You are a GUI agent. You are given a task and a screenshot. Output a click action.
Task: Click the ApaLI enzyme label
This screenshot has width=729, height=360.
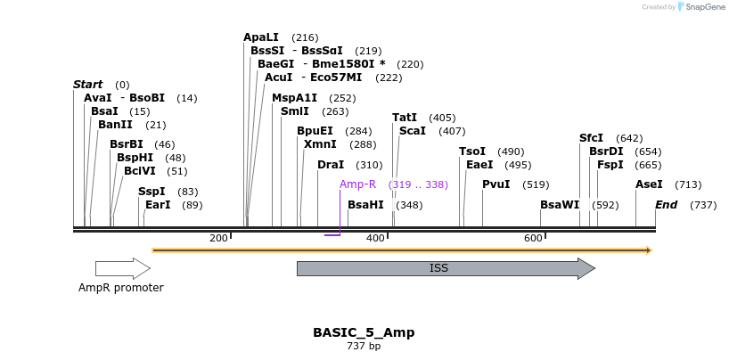[x=261, y=37]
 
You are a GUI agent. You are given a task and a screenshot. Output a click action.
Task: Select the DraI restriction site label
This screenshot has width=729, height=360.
[x=331, y=165]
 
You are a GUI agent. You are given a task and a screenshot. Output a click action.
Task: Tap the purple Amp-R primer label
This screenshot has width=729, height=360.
[x=357, y=184]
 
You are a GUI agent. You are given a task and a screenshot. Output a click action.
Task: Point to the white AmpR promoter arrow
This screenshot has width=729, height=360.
[x=123, y=268]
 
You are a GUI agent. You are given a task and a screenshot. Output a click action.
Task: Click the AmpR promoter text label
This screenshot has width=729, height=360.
[x=121, y=288]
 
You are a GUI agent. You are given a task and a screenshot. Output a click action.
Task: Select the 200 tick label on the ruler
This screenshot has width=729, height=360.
[x=218, y=238]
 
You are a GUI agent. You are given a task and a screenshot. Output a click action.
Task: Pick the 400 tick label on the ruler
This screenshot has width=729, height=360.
[x=375, y=238]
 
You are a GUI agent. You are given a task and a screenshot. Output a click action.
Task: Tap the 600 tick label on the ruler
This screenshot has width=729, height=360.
[x=533, y=238]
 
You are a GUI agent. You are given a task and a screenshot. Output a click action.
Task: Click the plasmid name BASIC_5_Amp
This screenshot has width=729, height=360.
[x=364, y=332]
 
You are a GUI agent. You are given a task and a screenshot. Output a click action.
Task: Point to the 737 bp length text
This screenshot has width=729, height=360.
[x=364, y=346]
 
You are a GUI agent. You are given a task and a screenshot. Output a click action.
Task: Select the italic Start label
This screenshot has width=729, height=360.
[x=87, y=85]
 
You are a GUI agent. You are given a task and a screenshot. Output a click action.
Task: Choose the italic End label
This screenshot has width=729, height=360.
[x=666, y=205]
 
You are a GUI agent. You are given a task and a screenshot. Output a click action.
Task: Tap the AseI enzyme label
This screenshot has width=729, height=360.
[x=649, y=184]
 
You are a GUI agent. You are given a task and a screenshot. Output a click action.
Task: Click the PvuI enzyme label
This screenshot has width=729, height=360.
[x=496, y=184]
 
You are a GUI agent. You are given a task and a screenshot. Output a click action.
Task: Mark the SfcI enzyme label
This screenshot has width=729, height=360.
[x=591, y=138]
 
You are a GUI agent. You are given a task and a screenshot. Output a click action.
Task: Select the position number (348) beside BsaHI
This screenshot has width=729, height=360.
[x=410, y=205]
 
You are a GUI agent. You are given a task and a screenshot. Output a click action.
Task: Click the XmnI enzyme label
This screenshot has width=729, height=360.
[x=320, y=144]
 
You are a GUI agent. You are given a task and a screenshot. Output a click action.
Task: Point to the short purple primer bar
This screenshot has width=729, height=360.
[x=332, y=235]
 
